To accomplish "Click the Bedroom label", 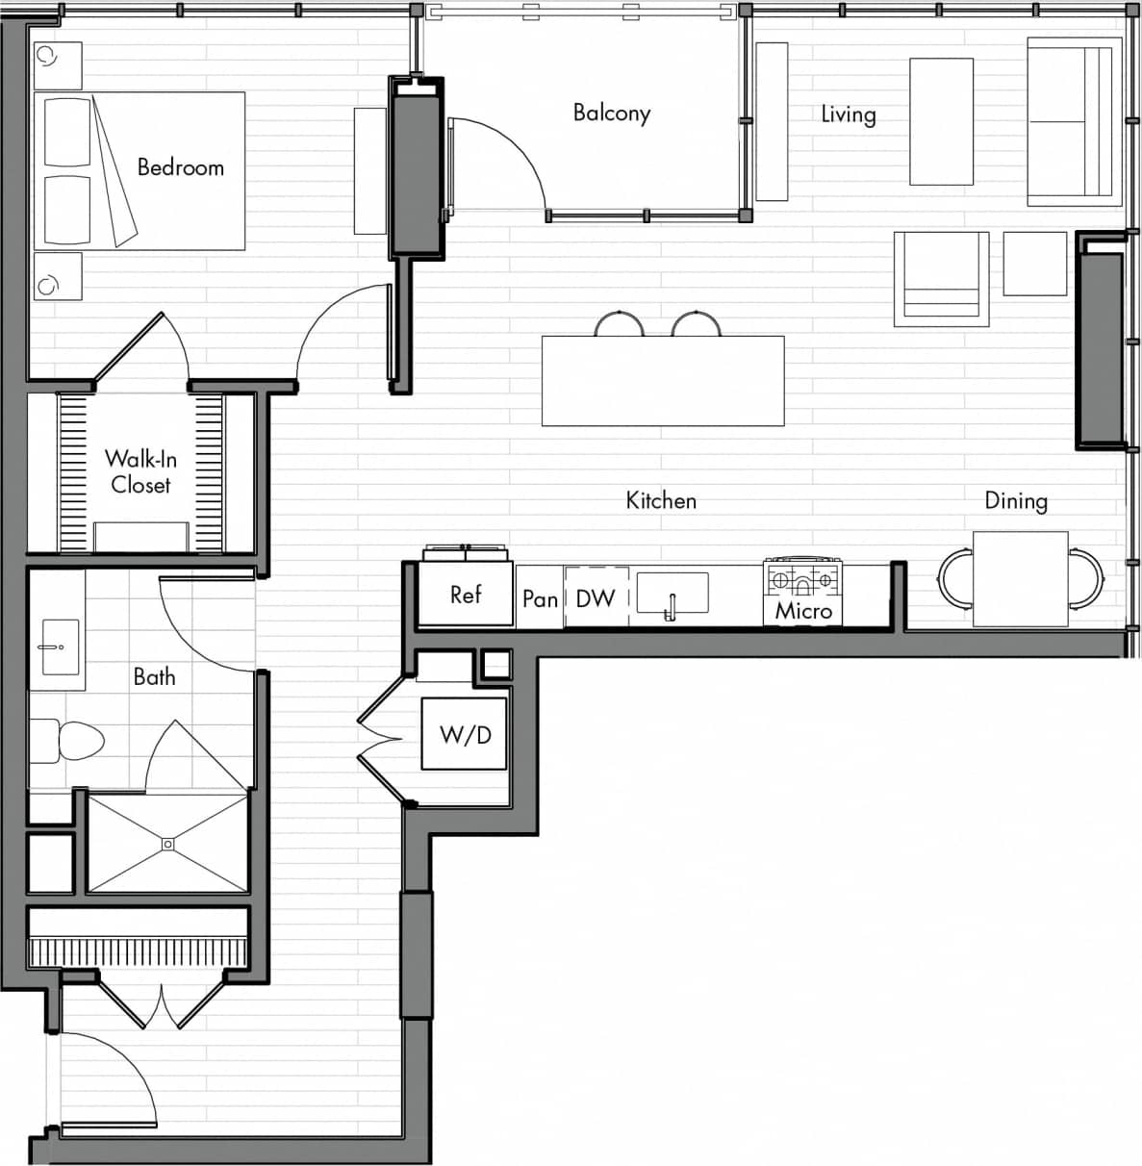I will [x=180, y=167].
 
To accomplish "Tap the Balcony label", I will [x=612, y=113].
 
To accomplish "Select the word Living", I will [x=848, y=114].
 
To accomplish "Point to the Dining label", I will [x=1015, y=500].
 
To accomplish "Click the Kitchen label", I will [x=661, y=500].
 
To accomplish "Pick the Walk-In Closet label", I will [x=140, y=471].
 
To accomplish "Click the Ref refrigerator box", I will [x=466, y=595].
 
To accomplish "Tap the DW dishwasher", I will [x=596, y=598].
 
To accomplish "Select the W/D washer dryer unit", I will [x=465, y=734].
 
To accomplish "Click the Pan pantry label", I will [x=540, y=599].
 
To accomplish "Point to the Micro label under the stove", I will [x=803, y=611].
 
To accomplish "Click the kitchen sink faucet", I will [x=672, y=606].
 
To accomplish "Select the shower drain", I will [x=168, y=844].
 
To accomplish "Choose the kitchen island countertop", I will [x=663, y=381].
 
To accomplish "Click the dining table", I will [x=1020, y=579].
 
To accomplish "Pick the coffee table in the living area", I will [x=941, y=121].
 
